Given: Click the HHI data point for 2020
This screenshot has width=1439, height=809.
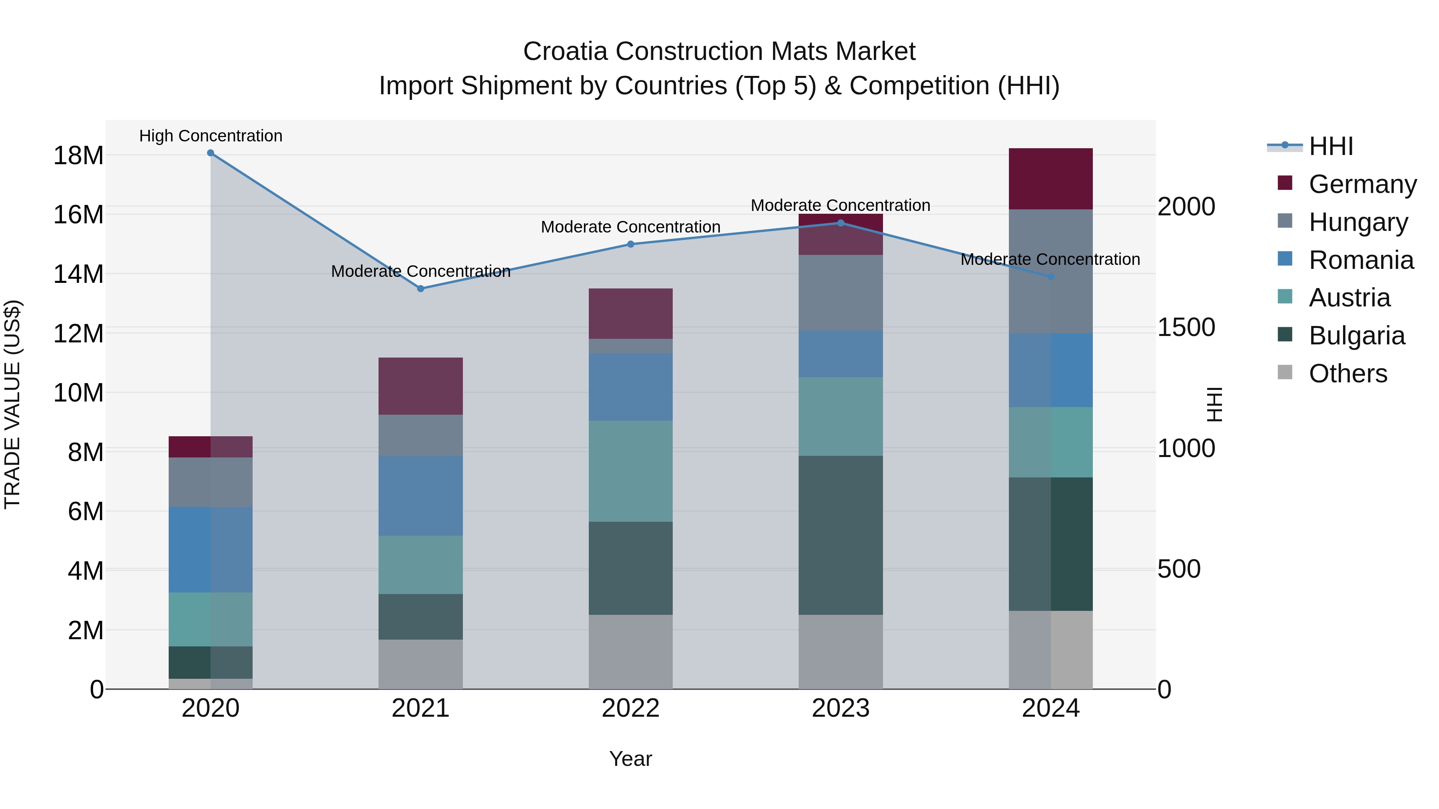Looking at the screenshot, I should [211, 153].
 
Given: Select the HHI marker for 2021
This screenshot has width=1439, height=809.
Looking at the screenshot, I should [421, 289].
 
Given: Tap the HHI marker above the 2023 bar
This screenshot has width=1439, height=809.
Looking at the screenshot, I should [841, 223].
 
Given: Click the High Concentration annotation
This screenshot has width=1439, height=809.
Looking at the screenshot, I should [211, 136].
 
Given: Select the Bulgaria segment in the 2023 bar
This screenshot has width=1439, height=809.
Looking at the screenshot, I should [841, 535].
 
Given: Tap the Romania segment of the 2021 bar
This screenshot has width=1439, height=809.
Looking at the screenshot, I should [421, 495].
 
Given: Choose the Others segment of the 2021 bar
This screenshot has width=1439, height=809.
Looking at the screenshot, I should [421, 664].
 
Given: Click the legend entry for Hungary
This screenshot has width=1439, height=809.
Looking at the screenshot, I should [1357, 222].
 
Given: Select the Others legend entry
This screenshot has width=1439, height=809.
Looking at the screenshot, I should [1347, 374].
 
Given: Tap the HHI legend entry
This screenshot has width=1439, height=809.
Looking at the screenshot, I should [1331, 146].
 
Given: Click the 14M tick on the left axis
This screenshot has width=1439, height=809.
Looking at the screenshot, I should [78, 274].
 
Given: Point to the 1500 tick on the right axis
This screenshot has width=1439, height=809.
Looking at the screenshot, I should [1186, 327].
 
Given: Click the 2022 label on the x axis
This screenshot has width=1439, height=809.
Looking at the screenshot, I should [631, 708].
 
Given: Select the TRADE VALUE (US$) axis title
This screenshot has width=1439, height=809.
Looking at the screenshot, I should [12, 404].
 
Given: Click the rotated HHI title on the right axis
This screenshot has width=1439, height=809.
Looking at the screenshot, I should [1214, 404].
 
